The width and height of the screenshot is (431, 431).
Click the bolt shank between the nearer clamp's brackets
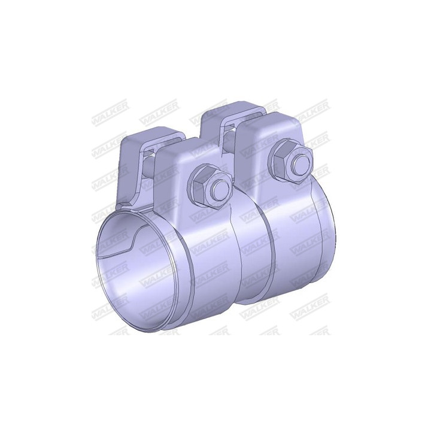pyautogui.click(x=150, y=167)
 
